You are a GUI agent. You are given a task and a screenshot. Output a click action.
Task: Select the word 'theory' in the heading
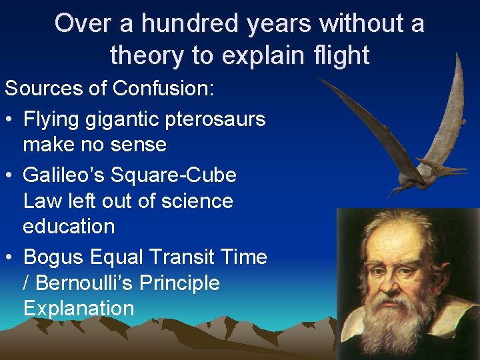147,55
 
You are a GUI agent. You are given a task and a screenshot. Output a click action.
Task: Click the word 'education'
69,226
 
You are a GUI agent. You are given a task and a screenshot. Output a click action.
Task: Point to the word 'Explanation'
79,308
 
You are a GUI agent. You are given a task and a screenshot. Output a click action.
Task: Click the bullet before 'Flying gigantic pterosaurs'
10,120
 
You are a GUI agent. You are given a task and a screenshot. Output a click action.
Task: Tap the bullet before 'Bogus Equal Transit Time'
10,258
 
